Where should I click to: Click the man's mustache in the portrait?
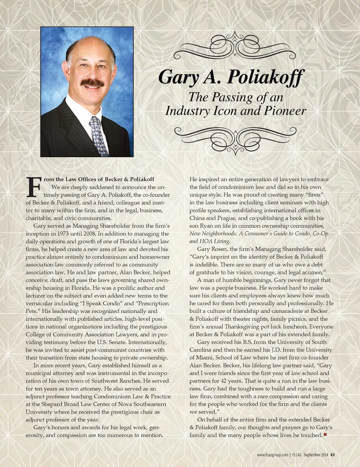click(x=92, y=83)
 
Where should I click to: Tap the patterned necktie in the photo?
click(x=99, y=136)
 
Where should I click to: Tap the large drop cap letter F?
click(x=34, y=187)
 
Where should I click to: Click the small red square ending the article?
click(x=325, y=435)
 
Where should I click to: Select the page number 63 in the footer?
click(x=332, y=455)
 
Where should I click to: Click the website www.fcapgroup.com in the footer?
click(x=272, y=455)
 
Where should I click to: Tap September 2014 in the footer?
click(x=316, y=455)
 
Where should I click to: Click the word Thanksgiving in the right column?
click(x=247, y=327)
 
